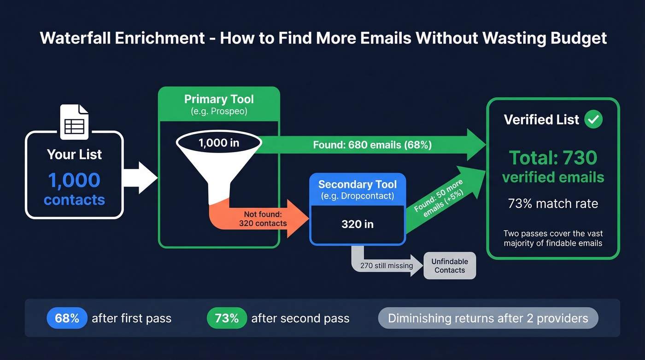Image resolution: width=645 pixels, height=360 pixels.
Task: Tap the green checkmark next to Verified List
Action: (x=593, y=119)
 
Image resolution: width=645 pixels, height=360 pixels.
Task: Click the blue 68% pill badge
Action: (x=67, y=318)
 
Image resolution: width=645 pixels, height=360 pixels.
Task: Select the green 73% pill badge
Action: (x=227, y=318)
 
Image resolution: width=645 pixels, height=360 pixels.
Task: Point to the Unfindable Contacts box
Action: (x=450, y=266)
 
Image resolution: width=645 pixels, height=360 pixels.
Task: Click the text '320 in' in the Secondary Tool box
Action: (x=358, y=224)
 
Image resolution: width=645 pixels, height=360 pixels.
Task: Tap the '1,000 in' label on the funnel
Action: (x=219, y=143)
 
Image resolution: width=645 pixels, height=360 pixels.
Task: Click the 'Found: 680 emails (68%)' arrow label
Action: (x=372, y=145)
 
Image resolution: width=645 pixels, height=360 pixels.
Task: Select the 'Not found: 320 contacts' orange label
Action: (x=263, y=218)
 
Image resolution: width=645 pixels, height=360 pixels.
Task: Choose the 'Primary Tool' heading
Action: (x=219, y=99)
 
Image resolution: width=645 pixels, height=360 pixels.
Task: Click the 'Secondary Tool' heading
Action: (x=358, y=184)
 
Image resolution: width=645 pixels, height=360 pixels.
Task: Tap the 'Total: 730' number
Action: (x=553, y=158)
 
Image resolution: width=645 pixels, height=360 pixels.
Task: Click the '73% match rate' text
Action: (x=553, y=203)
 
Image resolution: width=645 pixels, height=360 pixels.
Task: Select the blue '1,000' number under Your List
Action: (x=74, y=180)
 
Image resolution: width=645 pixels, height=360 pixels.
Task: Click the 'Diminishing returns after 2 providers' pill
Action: (x=488, y=318)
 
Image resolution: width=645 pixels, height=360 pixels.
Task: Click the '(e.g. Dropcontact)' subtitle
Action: (x=358, y=195)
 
